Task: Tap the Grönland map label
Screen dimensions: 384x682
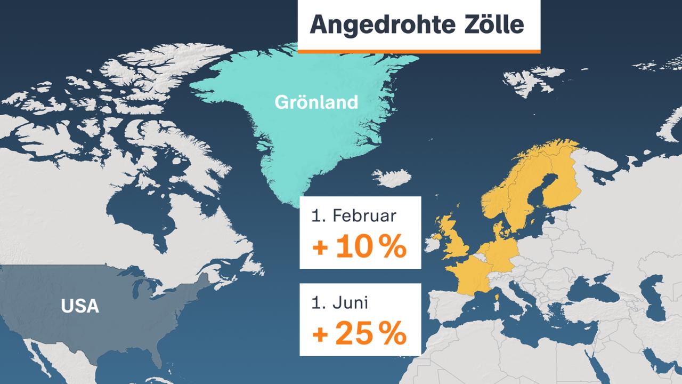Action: [316, 102]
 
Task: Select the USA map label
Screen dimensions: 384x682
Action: [80, 306]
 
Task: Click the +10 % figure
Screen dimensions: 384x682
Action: [360, 248]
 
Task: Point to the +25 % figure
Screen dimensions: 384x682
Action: [360, 334]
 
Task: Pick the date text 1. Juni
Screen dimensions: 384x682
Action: [341, 303]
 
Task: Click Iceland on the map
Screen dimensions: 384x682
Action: [392, 178]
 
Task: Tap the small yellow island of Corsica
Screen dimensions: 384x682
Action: [497, 294]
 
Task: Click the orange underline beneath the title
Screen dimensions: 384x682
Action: [419, 51]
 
